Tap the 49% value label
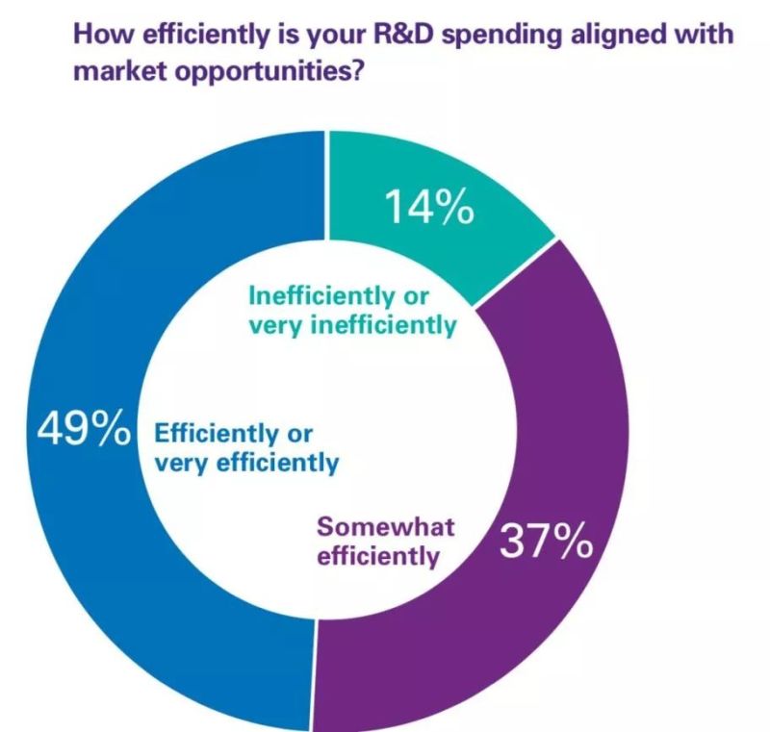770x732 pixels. (x=83, y=430)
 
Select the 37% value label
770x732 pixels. (x=545, y=544)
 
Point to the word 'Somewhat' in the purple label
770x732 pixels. (x=386, y=527)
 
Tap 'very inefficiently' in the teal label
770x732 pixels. (x=351, y=325)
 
